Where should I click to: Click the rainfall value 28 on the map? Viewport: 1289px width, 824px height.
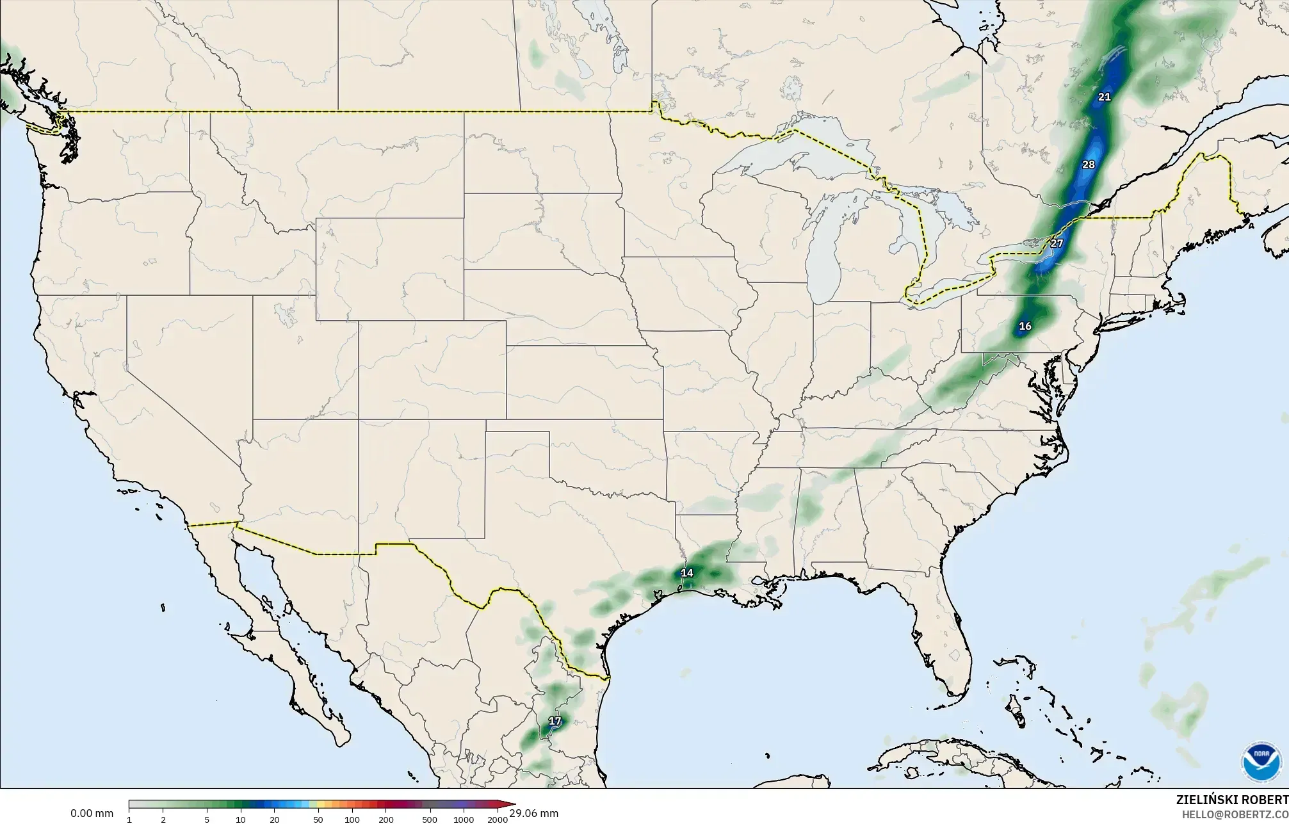pyautogui.click(x=1089, y=165)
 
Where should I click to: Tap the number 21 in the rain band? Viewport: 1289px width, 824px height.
pyautogui.click(x=1104, y=97)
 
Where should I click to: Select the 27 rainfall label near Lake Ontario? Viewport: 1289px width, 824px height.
pyautogui.click(x=1057, y=243)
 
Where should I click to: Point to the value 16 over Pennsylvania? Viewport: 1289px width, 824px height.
pyautogui.click(x=1025, y=327)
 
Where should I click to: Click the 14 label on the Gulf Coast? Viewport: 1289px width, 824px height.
pyautogui.click(x=687, y=573)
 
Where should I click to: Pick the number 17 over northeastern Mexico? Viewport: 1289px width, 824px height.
pyautogui.click(x=555, y=722)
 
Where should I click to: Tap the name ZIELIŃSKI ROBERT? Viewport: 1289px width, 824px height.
pyautogui.click(x=1232, y=800)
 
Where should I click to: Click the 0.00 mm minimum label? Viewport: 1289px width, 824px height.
pyautogui.click(x=92, y=814)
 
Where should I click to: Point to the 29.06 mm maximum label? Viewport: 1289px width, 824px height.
pyautogui.click(x=534, y=814)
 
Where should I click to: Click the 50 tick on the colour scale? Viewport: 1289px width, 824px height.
pyautogui.click(x=318, y=820)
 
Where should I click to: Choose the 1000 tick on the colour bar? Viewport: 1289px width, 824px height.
pyautogui.click(x=464, y=820)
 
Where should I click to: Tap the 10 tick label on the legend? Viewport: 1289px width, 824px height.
pyautogui.click(x=240, y=820)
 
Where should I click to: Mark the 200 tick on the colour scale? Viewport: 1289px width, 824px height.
pyautogui.click(x=385, y=820)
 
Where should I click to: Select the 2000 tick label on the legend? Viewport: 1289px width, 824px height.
pyautogui.click(x=498, y=820)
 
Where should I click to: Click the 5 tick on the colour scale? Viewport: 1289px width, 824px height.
pyautogui.click(x=206, y=820)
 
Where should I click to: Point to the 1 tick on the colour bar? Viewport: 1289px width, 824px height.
pyautogui.click(x=129, y=820)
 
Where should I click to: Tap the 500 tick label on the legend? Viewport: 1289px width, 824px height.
pyautogui.click(x=430, y=820)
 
